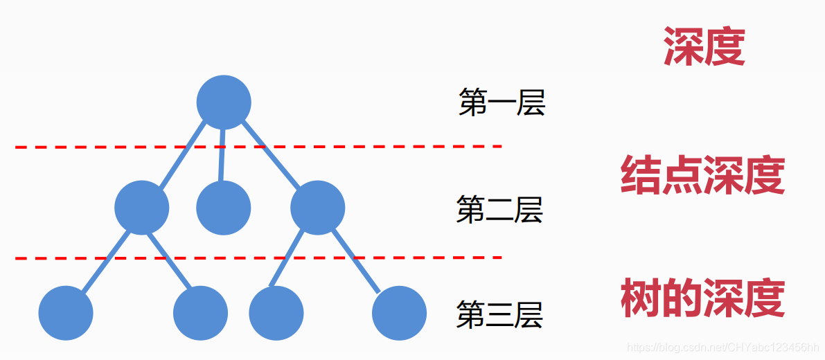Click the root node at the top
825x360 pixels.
coord(223,102)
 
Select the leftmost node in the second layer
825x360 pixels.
coord(141,207)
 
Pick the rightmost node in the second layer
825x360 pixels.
coord(317,207)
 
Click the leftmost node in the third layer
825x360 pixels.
coord(66,313)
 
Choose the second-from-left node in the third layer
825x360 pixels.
coord(200,313)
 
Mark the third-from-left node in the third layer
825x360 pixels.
coord(276,313)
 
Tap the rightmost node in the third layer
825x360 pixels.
coord(399,313)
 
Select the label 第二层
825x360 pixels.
coord(499,209)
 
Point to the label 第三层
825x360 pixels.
coord(499,315)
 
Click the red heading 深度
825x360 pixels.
coord(704,46)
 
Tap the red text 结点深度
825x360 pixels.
coord(702,175)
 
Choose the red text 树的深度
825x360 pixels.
coord(702,298)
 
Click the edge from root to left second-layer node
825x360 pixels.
coord(181,156)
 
